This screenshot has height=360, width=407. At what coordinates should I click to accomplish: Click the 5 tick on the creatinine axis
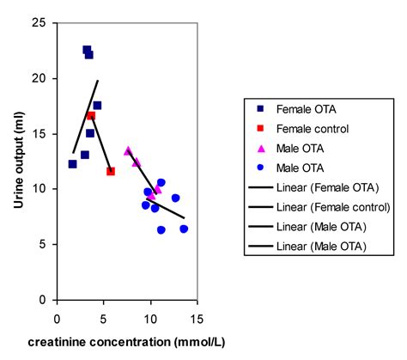point(103,315)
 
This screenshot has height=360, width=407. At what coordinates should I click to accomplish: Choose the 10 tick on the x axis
point(150,315)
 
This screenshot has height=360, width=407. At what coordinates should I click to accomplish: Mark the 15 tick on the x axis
point(197,315)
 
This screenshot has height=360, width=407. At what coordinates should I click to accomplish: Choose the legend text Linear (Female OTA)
point(328,187)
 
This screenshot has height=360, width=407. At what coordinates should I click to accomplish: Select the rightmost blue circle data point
point(184,229)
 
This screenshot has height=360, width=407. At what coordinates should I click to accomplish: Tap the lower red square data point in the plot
point(111,171)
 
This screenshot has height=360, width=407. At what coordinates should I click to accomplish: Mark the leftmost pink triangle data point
point(128,150)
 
